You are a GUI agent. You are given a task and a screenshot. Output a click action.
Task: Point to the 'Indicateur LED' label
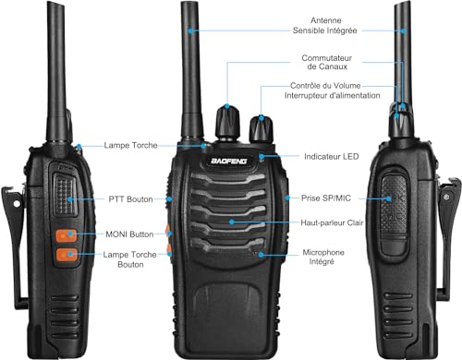point(331,157)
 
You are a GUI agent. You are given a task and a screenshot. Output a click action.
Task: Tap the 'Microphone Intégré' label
point(327,257)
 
